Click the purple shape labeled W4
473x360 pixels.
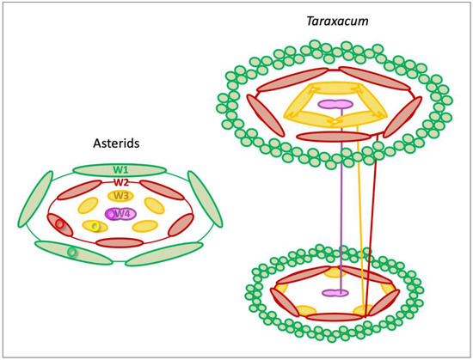click(121, 213)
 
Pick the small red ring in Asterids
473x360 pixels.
click(59, 224)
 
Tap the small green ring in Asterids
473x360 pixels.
click(72, 253)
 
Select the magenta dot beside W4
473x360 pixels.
click(109, 214)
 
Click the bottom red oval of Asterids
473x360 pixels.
click(120, 243)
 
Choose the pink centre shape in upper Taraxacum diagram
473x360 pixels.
click(335, 104)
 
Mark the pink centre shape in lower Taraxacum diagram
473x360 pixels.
click(335, 293)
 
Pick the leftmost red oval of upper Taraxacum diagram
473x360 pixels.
click(261, 114)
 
